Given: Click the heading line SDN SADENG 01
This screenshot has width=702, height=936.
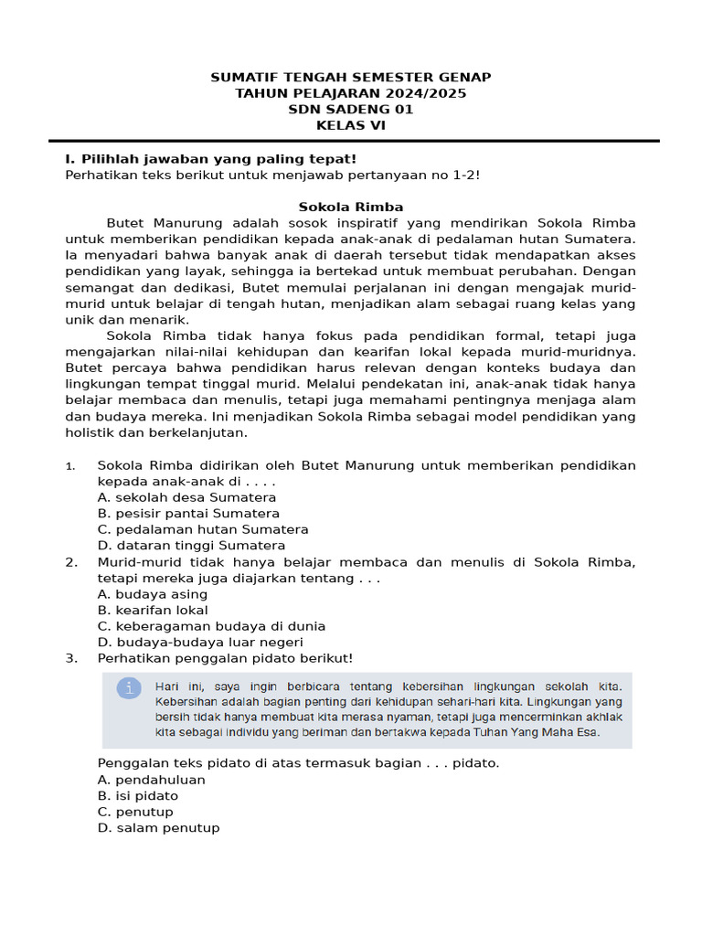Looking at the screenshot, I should click(351, 110).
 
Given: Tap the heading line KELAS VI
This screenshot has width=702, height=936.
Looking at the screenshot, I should click(351, 126).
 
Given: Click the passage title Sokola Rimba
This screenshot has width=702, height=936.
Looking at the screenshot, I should click(351, 207).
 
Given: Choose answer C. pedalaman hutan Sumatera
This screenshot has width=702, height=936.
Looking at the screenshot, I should click(202, 529).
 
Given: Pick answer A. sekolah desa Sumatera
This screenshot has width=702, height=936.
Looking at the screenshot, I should click(186, 497).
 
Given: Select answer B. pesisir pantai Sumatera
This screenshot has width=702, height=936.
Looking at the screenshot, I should click(188, 514).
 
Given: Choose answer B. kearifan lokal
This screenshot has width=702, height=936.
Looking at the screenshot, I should click(153, 611).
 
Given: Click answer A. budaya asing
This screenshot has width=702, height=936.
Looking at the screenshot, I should click(152, 594).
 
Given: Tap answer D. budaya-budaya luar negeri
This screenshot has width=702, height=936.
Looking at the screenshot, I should click(200, 643).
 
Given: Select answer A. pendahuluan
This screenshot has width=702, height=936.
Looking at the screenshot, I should click(151, 781).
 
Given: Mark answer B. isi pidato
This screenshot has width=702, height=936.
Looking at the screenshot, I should click(137, 796).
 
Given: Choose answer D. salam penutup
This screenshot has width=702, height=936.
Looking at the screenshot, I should click(158, 828).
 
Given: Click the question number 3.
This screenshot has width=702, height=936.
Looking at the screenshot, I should click(70, 658).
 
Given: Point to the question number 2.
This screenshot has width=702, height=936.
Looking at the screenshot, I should click(70, 562).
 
